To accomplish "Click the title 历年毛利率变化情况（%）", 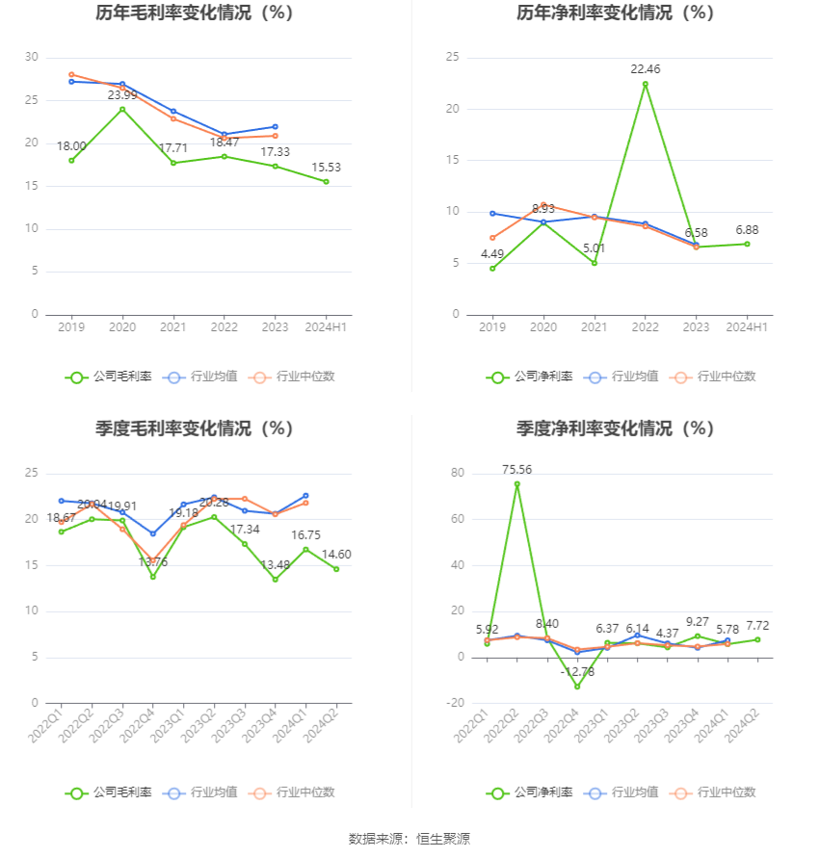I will coord(195,13).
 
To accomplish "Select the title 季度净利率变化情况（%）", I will coord(615,429).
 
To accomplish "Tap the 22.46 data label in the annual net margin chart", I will coord(646,69).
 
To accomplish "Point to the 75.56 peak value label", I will coord(516,470).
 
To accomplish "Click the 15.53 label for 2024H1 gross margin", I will coord(326,168).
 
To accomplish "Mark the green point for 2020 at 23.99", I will coord(122,109).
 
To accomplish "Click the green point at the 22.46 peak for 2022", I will coord(646,84).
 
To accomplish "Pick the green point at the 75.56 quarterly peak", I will coord(517,484).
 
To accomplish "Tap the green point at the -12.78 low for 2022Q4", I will coord(578,687).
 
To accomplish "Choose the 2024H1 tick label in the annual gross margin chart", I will coord(326,327).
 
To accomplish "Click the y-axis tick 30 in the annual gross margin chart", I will coord(32,58).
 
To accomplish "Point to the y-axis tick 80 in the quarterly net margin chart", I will coord(458,474).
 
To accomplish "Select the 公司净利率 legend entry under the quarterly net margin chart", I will coord(529,793).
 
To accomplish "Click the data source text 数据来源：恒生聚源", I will coord(409,839).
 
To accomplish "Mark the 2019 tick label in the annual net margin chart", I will coord(492,327).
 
